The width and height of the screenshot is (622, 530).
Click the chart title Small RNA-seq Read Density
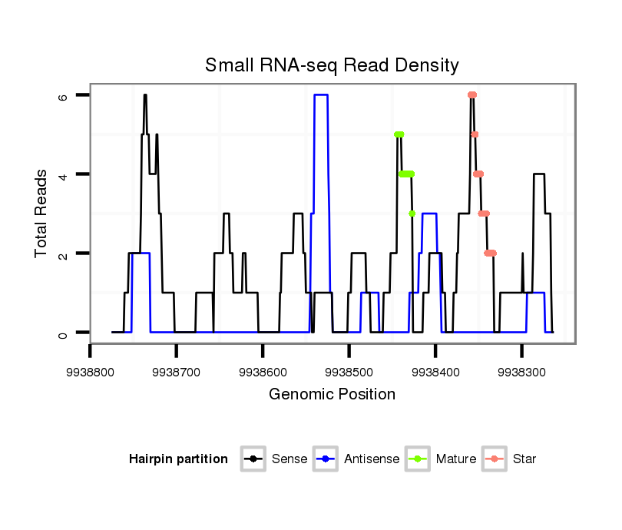(x=332, y=65)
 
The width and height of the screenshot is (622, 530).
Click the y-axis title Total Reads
(x=41, y=214)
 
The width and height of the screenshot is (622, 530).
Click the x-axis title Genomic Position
(x=332, y=395)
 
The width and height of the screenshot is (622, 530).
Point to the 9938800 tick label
(x=91, y=372)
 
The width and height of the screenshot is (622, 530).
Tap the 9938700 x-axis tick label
(x=177, y=372)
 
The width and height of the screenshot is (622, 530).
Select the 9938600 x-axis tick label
(x=263, y=372)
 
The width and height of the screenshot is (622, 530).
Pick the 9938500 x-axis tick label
(x=349, y=372)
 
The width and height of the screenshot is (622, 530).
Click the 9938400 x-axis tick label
(x=435, y=372)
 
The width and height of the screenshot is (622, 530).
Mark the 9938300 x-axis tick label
(x=521, y=372)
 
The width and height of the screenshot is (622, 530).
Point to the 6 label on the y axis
(x=64, y=96)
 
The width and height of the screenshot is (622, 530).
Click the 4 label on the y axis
(x=64, y=174)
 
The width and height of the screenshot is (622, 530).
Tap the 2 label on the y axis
(x=64, y=253)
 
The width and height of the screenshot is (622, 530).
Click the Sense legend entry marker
(x=253, y=459)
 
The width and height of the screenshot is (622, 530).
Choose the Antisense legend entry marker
(x=326, y=459)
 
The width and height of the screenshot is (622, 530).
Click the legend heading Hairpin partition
(x=178, y=459)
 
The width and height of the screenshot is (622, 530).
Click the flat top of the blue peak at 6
(x=321, y=95)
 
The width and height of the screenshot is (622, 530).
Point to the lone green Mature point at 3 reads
(x=412, y=214)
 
